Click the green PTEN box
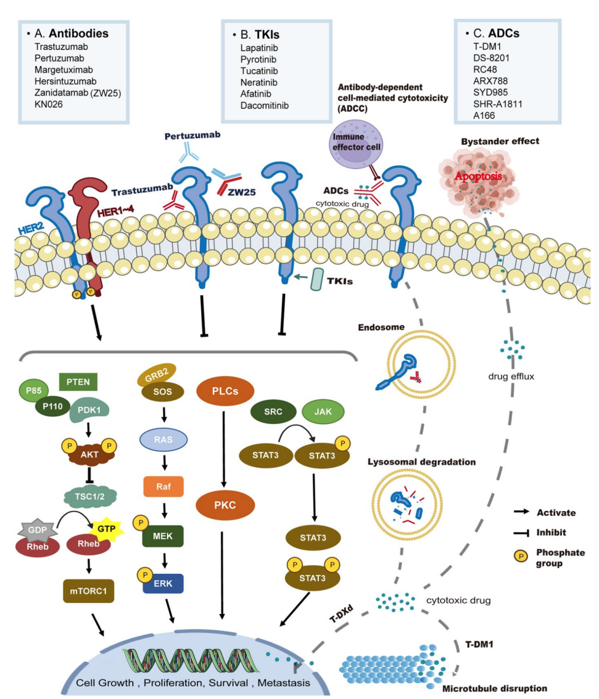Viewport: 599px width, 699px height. pos(78,382)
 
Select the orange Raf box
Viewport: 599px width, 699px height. pos(163,486)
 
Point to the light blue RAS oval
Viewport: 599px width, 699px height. pos(163,440)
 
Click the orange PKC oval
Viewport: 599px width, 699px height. pos(225,505)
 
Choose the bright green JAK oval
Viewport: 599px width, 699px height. pos(323,411)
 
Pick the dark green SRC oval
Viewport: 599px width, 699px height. pos(273,411)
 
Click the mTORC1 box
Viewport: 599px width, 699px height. pos(88,591)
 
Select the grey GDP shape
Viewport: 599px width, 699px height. pos(37,530)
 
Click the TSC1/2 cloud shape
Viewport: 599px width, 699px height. pos(89,496)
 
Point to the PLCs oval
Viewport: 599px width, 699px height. pos(225,391)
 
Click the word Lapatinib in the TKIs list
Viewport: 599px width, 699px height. pos(259,48)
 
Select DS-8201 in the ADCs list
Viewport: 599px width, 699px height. pos(491,58)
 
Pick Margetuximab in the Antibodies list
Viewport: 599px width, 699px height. pos(63,70)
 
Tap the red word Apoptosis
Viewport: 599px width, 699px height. pos(478,177)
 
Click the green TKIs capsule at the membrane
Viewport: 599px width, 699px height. pos(317,279)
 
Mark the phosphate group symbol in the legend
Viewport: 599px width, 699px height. pos(521,556)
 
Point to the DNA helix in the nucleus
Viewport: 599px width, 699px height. pos(191,661)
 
